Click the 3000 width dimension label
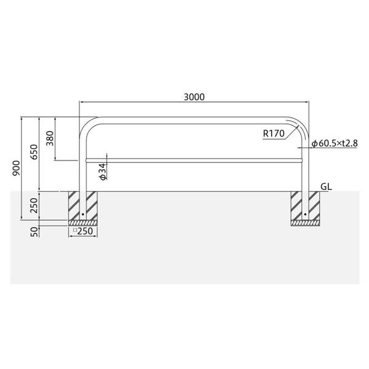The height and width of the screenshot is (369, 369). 194,97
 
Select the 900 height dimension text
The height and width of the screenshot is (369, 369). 16,168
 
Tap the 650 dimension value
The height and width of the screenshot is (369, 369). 34,152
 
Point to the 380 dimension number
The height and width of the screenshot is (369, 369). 50,138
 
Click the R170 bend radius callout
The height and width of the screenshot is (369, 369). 274,133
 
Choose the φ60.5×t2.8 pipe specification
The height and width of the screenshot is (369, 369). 335,143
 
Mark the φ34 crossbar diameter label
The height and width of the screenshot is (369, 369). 103,172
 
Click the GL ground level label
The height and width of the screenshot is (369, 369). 326,187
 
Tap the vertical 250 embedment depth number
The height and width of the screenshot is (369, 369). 34,205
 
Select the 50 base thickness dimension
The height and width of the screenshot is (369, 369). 34,232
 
